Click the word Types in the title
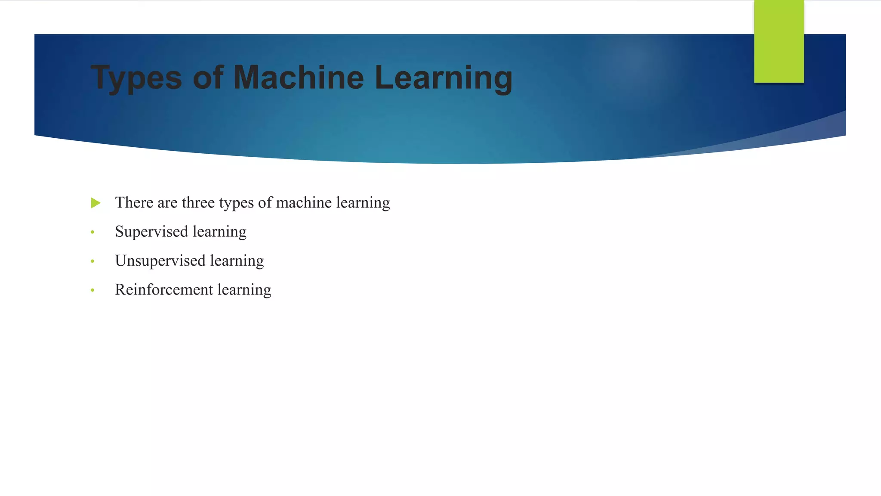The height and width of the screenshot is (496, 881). click(136, 78)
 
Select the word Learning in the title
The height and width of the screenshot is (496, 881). click(444, 78)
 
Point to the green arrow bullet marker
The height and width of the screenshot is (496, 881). click(95, 203)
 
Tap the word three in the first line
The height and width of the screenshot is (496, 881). click(198, 202)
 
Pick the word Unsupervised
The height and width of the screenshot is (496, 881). click(160, 261)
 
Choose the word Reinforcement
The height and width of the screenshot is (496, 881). click(164, 290)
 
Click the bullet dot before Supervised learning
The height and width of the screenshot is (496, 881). click(92, 232)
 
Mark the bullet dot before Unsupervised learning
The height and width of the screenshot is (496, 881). click(92, 261)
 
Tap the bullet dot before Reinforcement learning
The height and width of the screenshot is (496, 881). click(92, 291)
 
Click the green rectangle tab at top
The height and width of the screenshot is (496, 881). click(779, 41)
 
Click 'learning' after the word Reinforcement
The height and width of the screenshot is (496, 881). click(244, 290)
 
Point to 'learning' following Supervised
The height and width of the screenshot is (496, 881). click(219, 232)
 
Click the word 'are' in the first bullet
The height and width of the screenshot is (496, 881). click(167, 203)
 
